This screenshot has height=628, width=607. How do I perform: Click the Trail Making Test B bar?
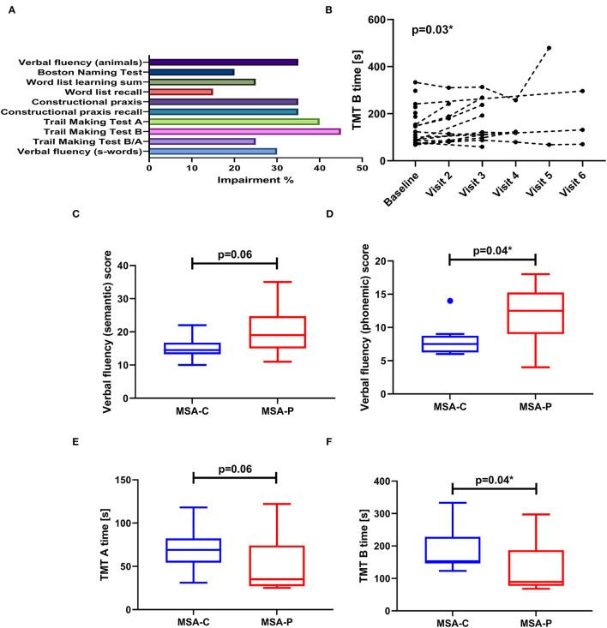click(244, 131)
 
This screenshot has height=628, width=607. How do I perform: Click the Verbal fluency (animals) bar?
click(223, 63)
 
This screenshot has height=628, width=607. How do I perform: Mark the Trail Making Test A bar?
click(234, 121)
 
